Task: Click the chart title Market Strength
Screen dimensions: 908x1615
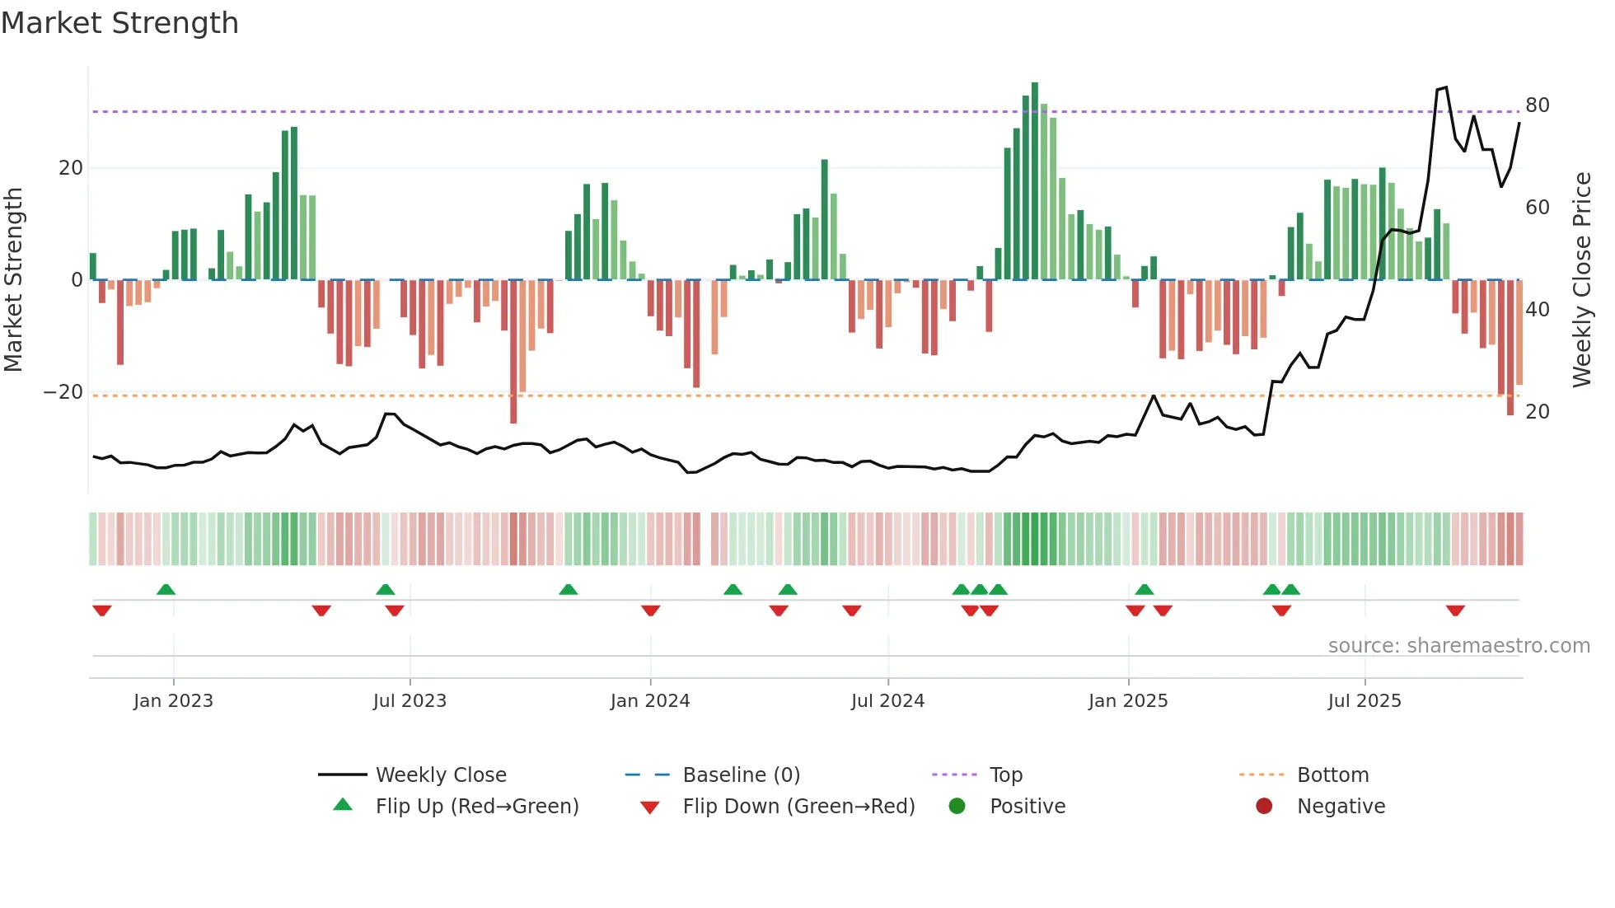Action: [x=119, y=23]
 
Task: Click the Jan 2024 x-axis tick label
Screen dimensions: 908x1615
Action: [x=649, y=701]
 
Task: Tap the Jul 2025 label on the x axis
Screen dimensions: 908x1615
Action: [x=1364, y=701]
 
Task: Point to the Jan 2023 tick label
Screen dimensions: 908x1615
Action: [x=173, y=701]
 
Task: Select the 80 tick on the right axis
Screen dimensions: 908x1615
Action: [x=1537, y=105]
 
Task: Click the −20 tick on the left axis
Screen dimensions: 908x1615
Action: [x=63, y=392]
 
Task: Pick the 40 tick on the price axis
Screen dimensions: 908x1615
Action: [x=1537, y=310]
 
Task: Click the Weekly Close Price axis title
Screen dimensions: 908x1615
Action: [x=1581, y=280]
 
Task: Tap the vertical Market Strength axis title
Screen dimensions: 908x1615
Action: [x=13, y=280]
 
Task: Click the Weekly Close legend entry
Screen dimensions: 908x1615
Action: [x=440, y=775]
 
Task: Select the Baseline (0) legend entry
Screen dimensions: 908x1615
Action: [x=741, y=775]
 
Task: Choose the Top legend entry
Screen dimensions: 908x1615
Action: [x=1005, y=775]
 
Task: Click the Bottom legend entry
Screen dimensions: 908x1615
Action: [x=1332, y=775]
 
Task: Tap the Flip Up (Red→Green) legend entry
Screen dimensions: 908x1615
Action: [x=476, y=807]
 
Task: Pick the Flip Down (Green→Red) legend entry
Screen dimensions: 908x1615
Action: [x=798, y=807]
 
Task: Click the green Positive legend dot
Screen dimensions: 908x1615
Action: [x=957, y=807]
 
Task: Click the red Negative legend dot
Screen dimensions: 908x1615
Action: [x=1264, y=807]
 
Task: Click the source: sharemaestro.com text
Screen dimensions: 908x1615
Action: [x=1458, y=646]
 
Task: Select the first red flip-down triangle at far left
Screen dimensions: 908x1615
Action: [x=102, y=611]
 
